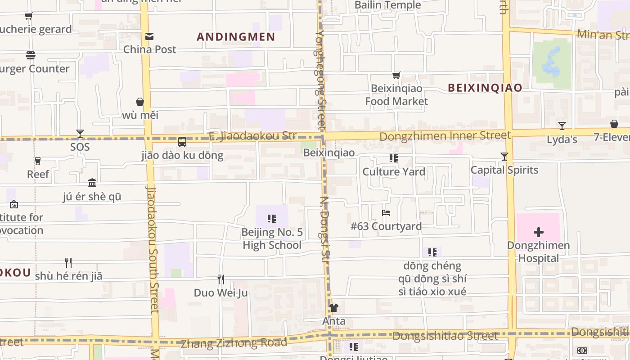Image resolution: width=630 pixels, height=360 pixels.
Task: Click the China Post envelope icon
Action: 149,36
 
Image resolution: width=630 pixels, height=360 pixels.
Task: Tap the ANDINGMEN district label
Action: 236,37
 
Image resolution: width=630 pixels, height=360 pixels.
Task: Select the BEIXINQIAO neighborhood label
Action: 485,88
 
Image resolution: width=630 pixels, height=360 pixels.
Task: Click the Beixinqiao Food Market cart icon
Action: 396,76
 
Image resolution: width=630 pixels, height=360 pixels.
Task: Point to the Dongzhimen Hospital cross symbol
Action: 538,232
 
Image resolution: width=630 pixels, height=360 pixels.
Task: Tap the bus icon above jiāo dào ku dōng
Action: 182,142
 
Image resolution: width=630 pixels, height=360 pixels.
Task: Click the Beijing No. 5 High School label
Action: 272,238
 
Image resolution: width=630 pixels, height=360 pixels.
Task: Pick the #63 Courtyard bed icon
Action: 386,213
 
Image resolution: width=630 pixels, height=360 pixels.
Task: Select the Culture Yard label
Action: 394,172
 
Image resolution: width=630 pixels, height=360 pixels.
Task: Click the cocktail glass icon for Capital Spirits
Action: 504,157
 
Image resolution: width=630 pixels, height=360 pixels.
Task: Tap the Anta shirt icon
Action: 333,308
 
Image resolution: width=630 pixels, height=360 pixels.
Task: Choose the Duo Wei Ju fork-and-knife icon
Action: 220,279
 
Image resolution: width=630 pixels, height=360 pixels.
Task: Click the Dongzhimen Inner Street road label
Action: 445,135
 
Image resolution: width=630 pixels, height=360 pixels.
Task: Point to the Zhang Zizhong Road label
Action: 234,343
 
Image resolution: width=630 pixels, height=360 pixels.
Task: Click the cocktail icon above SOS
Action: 80,134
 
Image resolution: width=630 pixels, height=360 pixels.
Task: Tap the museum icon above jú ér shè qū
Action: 92,183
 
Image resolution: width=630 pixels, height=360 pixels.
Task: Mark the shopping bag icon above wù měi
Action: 140,102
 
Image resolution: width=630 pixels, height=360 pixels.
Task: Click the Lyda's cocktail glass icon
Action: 562,126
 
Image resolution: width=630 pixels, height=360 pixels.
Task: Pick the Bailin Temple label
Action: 387,5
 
